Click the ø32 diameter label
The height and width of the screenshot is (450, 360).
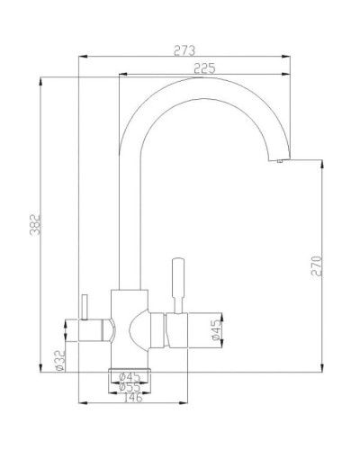click(58, 359)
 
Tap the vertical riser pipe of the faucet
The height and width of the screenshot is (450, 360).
click(127, 225)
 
